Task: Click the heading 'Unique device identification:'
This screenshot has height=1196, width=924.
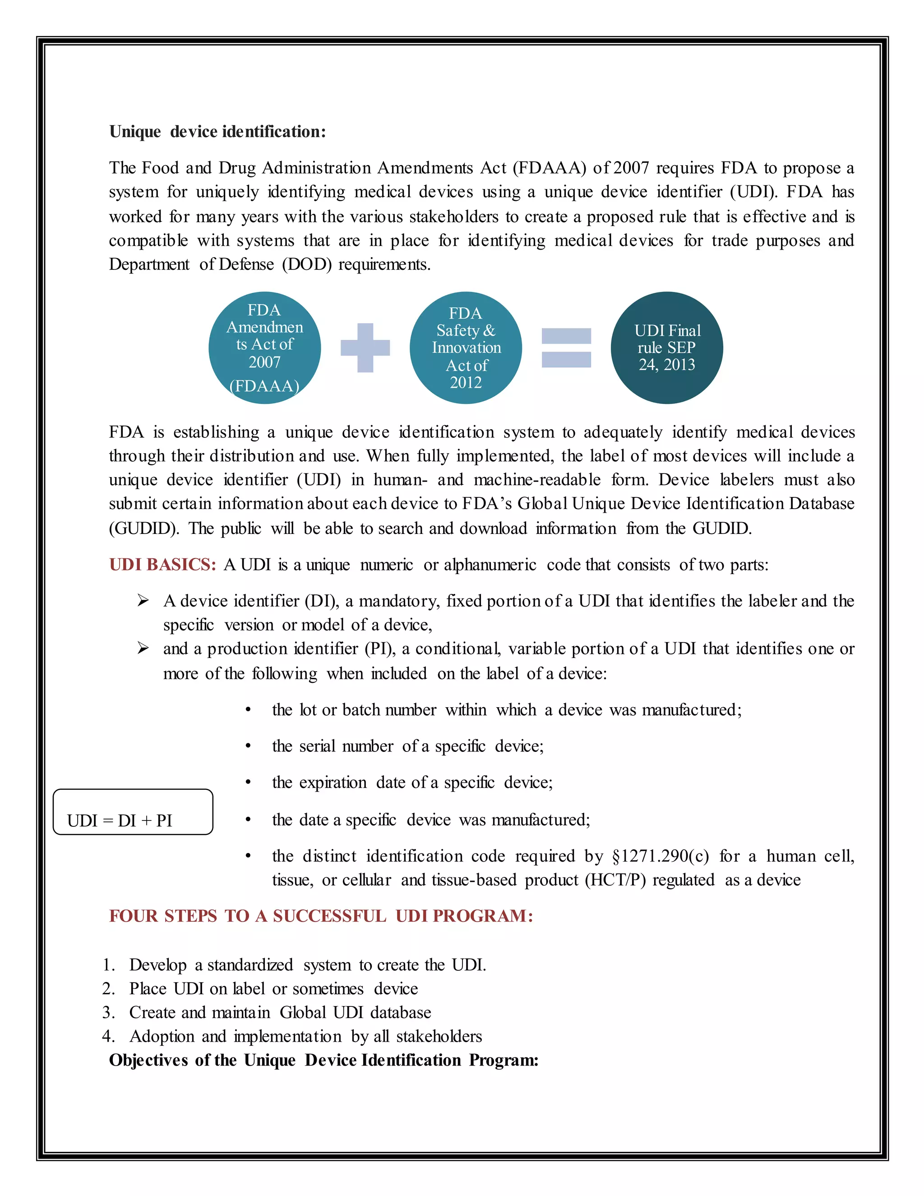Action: tap(217, 132)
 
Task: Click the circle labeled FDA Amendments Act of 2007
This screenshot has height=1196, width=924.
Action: tap(264, 348)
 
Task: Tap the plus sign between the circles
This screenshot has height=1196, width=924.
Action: tap(365, 348)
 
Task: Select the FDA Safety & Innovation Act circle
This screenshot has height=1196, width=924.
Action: tap(465, 348)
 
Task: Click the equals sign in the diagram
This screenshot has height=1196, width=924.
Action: tap(566, 348)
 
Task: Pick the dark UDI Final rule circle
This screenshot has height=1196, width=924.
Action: tap(667, 348)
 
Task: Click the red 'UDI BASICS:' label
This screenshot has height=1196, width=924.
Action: tap(162, 565)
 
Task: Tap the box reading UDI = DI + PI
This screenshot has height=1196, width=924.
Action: tap(133, 812)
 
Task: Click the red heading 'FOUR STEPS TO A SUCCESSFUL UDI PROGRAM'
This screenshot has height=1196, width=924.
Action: tap(321, 916)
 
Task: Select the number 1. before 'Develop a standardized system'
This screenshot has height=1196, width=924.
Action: tap(108, 965)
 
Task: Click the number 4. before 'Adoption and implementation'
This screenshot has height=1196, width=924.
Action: tap(108, 1037)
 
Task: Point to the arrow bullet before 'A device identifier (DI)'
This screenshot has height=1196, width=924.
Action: tap(143, 601)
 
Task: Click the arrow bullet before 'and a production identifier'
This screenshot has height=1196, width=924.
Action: tap(143, 649)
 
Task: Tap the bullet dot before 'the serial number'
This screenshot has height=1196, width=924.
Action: tap(248, 746)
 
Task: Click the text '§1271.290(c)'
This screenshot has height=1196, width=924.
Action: tap(660, 856)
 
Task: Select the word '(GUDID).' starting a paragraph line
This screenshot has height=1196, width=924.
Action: tap(144, 529)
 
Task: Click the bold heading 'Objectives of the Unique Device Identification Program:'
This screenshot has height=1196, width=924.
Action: tap(323, 1061)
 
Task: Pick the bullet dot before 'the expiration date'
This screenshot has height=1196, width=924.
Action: tap(248, 783)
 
